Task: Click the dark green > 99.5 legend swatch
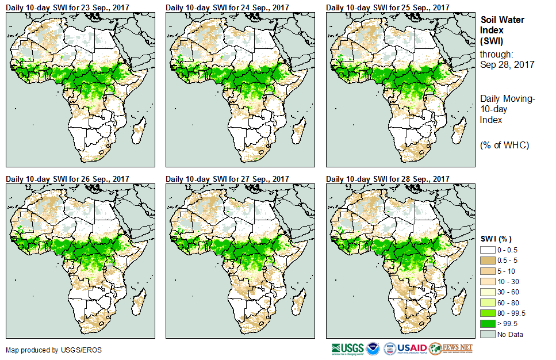click(x=488, y=323)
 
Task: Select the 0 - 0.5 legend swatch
click(x=488, y=251)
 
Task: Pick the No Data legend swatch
click(x=488, y=334)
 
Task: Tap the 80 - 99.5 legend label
click(x=511, y=313)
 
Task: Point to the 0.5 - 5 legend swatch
click(x=488, y=261)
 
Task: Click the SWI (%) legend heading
click(x=496, y=239)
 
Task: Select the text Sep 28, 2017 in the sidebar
click(x=507, y=64)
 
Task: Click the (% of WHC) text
click(x=504, y=144)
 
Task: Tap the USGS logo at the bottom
click(x=347, y=348)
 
